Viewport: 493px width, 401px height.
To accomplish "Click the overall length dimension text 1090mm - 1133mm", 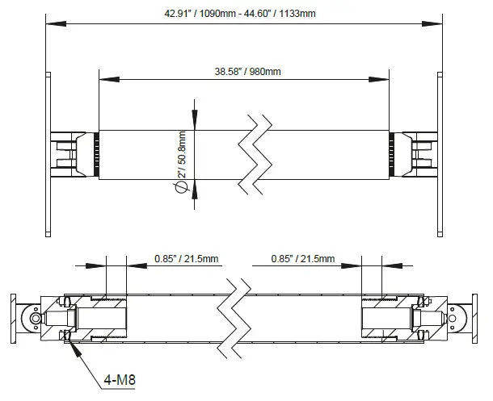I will pyautogui.click(x=242, y=13).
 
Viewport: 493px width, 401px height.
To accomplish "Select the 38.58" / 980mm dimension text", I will pyautogui.click(x=242, y=71).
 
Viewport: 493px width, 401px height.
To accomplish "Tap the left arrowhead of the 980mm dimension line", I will pyautogui.click(x=102, y=78).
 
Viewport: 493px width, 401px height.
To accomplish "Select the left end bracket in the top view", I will pyautogui.click(x=69, y=154).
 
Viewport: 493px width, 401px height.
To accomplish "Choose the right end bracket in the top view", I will pyautogui.click(x=419, y=154).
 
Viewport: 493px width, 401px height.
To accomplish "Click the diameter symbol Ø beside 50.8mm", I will pyautogui.click(x=181, y=188).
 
